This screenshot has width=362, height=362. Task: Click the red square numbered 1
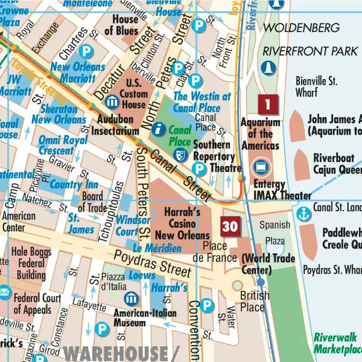(x=268, y=105)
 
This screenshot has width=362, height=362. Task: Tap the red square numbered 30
(x=230, y=226)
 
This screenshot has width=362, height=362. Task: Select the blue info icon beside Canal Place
(x=159, y=129)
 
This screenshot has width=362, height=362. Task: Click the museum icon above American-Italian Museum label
(x=131, y=298)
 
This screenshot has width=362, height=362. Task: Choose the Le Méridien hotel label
(x=157, y=248)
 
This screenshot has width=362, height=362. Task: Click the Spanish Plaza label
(x=275, y=233)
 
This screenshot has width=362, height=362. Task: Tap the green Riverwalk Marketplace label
(x=337, y=344)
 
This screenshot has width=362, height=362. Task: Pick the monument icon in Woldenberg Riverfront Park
(x=266, y=66)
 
